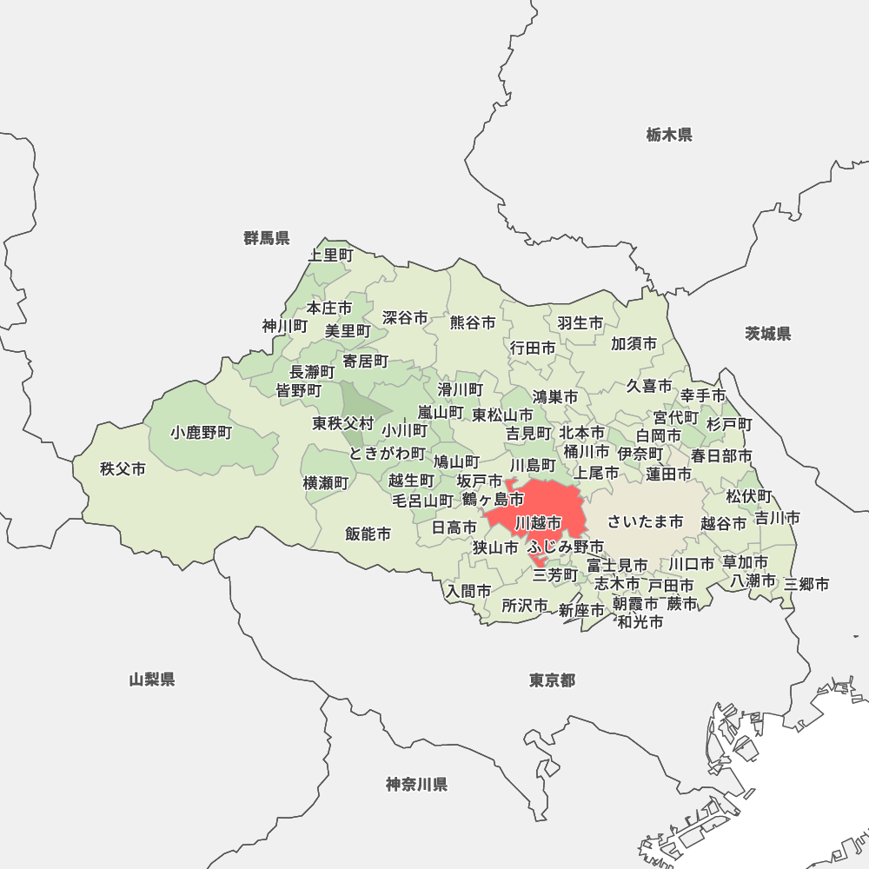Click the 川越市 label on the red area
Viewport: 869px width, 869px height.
pyautogui.click(x=538, y=523)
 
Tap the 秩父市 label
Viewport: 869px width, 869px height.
pyautogui.click(x=123, y=469)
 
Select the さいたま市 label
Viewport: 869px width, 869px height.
pyautogui.click(x=645, y=521)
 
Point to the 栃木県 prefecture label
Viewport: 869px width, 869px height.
pyautogui.click(x=669, y=135)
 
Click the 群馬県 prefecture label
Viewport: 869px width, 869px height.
pyautogui.click(x=267, y=238)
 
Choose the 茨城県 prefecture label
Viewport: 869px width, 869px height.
pyautogui.click(x=768, y=334)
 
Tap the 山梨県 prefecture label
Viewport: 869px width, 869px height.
pyautogui.click(x=152, y=680)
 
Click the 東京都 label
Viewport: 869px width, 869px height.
pyautogui.click(x=552, y=680)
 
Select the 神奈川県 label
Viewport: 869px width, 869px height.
pyautogui.click(x=416, y=785)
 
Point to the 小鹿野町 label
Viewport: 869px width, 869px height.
pyautogui.click(x=202, y=432)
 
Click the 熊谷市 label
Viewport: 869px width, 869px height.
pyautogui.click(x=473, y=322)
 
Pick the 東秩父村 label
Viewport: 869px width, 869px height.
pyautogui.click(x=343, y=424)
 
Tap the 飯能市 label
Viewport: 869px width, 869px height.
pyautogui.click(x=368, y=534)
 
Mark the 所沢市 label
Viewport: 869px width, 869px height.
pyautogui.click(x=525, y=606)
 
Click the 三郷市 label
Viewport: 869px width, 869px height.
pyautogui.click(x=806, y=584)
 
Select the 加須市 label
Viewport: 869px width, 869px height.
pyautogui.click(x=634, y=343)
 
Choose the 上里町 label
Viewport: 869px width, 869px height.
pyautogui.click(x=331, y=255)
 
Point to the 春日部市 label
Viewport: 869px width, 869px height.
pyautogui.click(x=721, y=455)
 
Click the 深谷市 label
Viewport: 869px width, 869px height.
pyautogui.click(x=405, y=318)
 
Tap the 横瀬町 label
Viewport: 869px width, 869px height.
pyautogui.click(x=325, y=482)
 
